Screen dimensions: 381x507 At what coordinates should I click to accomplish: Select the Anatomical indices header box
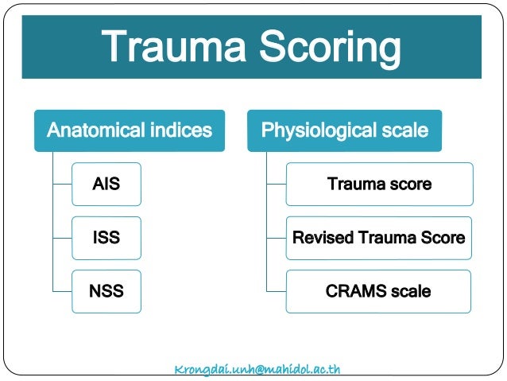click(x=130, y=130)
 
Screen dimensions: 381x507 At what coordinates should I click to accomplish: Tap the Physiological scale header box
click(x=344, y=130)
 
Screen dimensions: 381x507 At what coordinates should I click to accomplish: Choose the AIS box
click(x=106, y=184)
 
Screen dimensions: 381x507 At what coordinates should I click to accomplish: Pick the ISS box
click(x=106, y=238)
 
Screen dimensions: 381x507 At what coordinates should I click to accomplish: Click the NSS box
click(x=106, y=291)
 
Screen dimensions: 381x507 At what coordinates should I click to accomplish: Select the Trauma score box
click(x=379, y=184)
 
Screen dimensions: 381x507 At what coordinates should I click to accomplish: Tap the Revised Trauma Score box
click(x=379, y=238)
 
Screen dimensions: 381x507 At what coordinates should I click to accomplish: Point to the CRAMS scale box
click(x=379, y=291)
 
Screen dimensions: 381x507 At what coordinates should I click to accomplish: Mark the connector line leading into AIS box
click(x=62, y=184)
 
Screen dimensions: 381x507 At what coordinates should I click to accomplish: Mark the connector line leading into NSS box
click(x=62, y=291)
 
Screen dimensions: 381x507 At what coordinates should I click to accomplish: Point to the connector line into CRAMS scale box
click(x=276, y=291)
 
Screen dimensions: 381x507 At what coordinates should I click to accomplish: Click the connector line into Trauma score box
click(x=276, y=184)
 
